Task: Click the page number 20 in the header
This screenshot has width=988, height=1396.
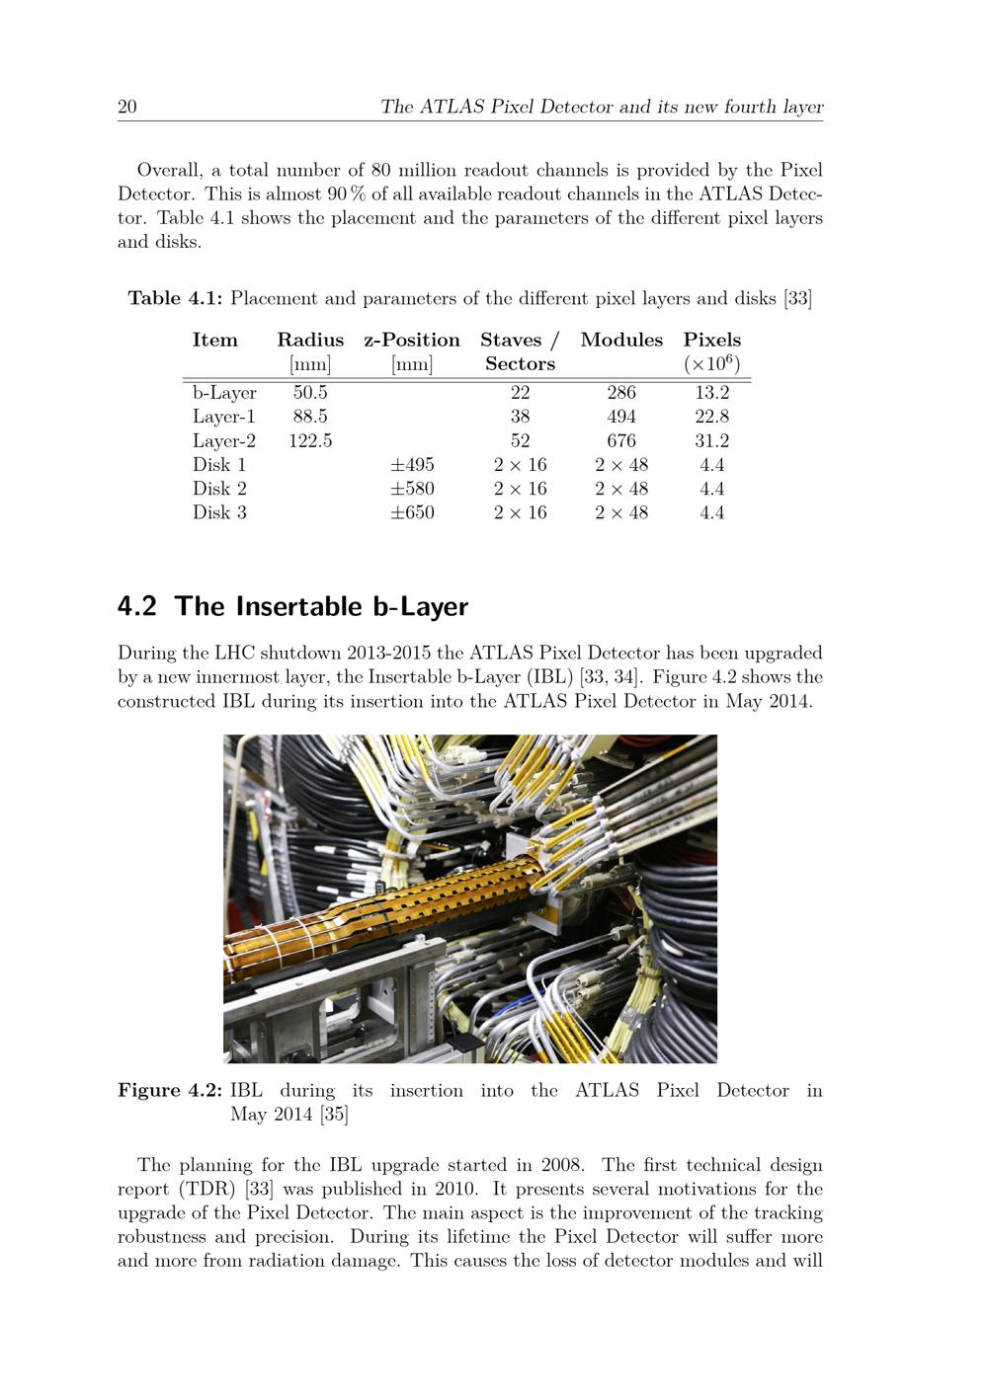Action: (x=127, y=107)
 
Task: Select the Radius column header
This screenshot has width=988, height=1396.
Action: (x=310, y=341)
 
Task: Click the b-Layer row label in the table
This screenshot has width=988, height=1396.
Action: (x=224, y=393)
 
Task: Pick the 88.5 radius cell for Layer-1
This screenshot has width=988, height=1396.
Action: (x=310, y=417)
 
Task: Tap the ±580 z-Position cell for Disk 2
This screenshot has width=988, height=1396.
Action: (x=412, y=489)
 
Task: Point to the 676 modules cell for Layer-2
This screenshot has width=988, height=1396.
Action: (x=621, y=441)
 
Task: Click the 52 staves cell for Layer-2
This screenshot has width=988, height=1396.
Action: (x=520, y=441)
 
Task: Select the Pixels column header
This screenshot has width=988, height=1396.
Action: (x=711, y=341)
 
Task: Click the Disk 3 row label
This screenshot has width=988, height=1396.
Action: (x=219, y=512)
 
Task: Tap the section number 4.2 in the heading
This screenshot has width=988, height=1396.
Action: (x=137, y=606)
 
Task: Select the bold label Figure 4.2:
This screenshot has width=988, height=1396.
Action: (x=170, y=1091)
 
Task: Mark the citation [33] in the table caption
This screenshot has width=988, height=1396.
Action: (x=798, y=298)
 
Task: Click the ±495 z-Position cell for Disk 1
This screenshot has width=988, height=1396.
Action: (x=412, y=465)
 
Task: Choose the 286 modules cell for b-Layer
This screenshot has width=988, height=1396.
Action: (x=621, y=393)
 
